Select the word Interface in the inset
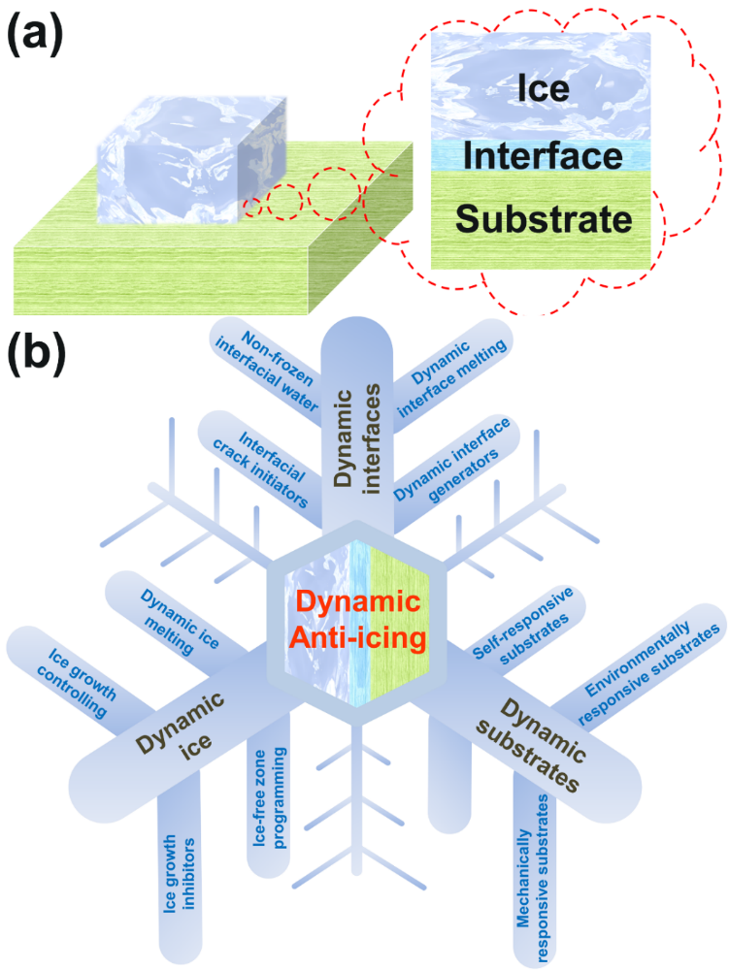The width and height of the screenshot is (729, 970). point(542,155)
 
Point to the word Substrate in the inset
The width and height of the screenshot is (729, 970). point(544,218)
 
